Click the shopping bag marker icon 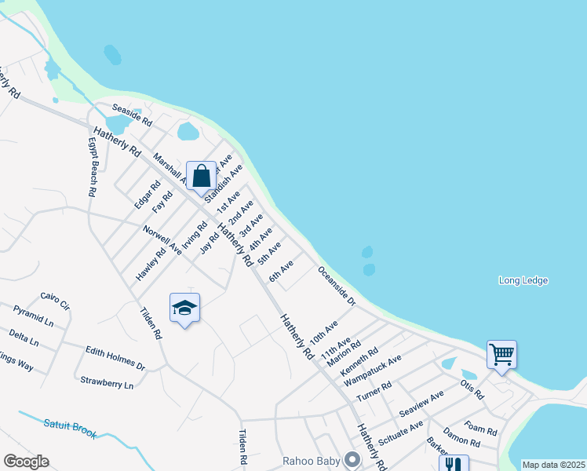pos(201,175)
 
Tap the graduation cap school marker pos(184,308)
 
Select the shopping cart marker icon pos(501,354)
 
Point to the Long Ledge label pos(523,280)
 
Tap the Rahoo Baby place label pos(311,459)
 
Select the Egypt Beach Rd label pos(92,167)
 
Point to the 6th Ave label pos(281,271)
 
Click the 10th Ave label pos(323,330)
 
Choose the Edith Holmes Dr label pos(115,360)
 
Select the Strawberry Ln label pos(107,382)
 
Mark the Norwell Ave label pos(162,240)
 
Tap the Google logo pos(26,462)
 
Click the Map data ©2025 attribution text pos(553,465)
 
